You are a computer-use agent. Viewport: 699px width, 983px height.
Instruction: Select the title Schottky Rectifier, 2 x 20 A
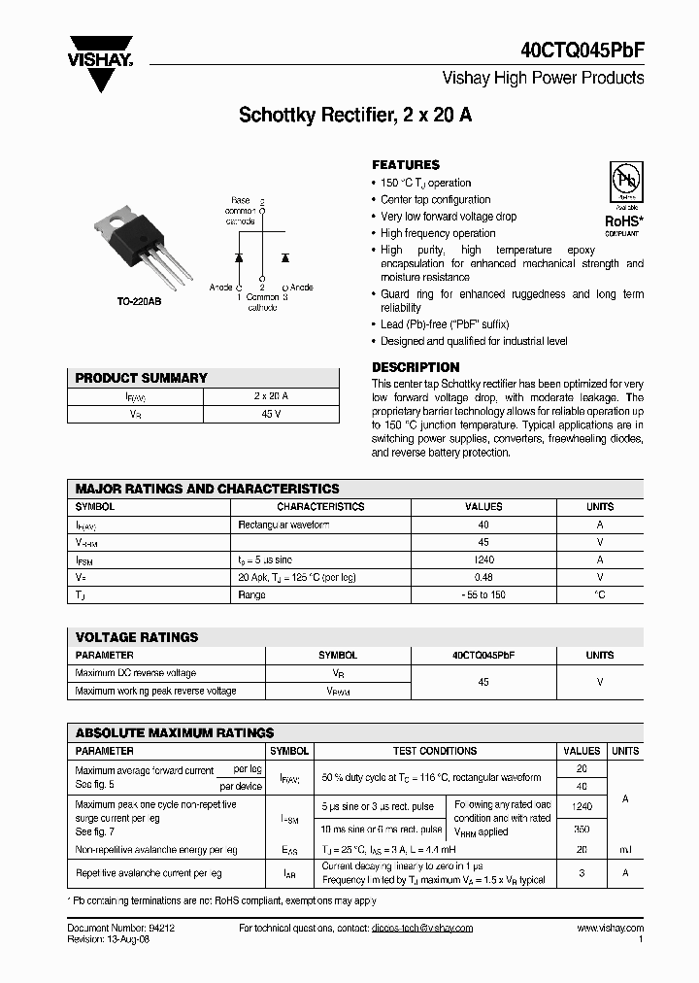[x=355, y=116]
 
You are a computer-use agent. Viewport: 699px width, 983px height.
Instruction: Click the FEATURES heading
[x=406, y=165]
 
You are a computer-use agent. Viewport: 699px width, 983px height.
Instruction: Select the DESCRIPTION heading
[x=416, y=367]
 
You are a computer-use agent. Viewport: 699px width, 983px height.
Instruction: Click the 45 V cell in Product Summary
[x=271, y=414]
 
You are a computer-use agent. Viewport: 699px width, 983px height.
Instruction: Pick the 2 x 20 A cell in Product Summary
[x=271, y=396]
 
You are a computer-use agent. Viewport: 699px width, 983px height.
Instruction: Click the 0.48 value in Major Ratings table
[x=483, y=577]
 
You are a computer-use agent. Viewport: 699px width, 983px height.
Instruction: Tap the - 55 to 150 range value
[x=483, y=594]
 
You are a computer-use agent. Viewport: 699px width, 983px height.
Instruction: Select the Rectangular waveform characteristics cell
[x=283, y=525]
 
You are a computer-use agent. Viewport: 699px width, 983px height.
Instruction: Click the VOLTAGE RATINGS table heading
[x=137, y=637]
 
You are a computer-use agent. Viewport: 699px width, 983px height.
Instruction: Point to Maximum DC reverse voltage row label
[x=136, y=673]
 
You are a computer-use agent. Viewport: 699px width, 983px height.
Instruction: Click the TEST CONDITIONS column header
[x=434, y=751]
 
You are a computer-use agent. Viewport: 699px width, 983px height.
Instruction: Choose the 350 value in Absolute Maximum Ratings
[x=582, y=830]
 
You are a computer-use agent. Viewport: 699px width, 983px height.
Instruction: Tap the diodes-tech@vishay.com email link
[x=421, y=928]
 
